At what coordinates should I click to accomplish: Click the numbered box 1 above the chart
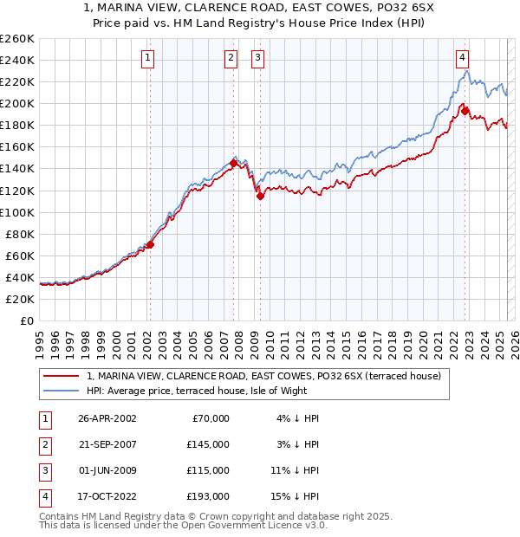click(148, 58)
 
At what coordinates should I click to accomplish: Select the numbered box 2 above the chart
click(231, 58)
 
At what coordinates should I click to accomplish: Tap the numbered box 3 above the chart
click(258, 58)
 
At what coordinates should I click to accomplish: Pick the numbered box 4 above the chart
click(463, 58)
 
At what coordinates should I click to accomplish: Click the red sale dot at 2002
click(150, 244)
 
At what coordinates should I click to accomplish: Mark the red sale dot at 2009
click(260, 196)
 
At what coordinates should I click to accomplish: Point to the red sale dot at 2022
click(465, 111)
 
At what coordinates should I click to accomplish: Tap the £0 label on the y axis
click(26, 320)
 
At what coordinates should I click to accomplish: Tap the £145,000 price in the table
click(208, 443)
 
